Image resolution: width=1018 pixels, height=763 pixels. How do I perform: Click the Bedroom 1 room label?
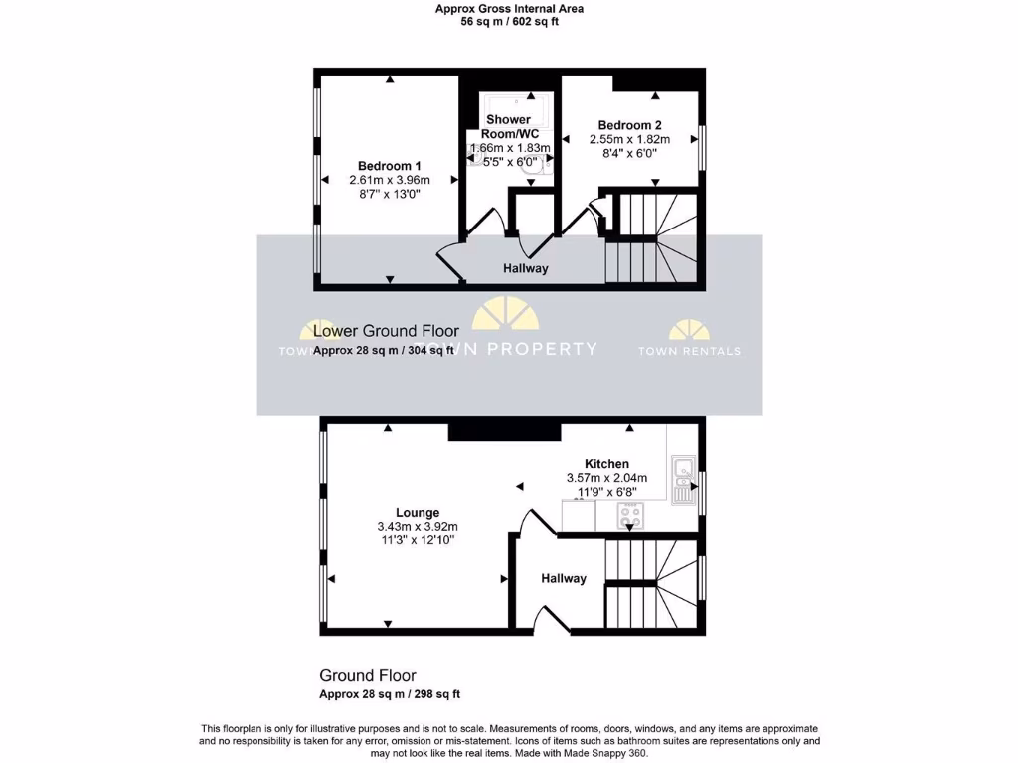[x=390, y=165]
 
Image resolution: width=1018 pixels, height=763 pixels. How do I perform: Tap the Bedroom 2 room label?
[x=629, y=125]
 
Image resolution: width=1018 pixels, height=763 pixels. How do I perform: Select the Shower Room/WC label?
[x=509, y=127]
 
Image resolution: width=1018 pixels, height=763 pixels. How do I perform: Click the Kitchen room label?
[x=606, y=464]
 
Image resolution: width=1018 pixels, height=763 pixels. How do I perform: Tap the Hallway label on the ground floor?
[x=564, y=578]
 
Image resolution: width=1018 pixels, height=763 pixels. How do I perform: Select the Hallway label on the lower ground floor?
[x=525, y=268]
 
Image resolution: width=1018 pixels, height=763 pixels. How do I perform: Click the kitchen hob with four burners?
[x=630, y=515]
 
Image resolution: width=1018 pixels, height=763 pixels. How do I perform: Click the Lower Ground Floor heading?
[x=386, y=331]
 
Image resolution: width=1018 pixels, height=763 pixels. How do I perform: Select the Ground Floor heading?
[x=368, y=676]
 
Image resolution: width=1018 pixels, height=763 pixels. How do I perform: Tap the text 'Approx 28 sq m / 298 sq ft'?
[x=390, y=694]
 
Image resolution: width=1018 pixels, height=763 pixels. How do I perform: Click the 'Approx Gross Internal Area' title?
[x=509, y=9]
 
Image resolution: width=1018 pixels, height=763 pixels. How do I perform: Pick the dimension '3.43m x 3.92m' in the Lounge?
[x=417, y=527]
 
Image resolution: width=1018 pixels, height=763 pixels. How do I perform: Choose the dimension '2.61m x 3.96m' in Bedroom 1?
[x=390, y=180]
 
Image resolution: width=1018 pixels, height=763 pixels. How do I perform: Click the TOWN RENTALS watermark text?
[x=688, y=351]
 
